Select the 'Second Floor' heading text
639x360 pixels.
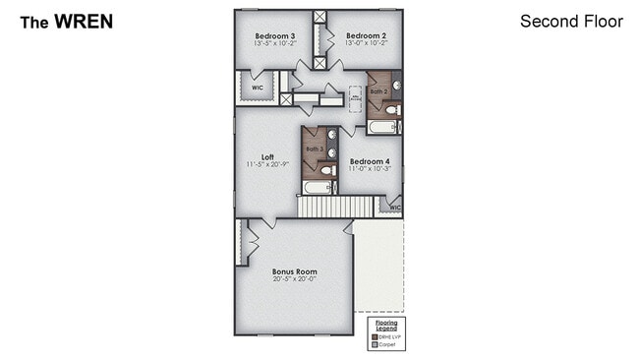coord(571,21)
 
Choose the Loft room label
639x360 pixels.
coord(266,156)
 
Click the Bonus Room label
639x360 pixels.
coord(294,270)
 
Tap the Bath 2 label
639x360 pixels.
coord(378,91)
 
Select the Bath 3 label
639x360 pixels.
coord(314,149)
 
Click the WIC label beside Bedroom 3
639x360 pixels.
coord(257,87)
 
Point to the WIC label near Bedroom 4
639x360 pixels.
coord(393,208)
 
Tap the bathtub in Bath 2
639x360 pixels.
coord(383,127)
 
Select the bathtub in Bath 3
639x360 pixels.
coord(318,187)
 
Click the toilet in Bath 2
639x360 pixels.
coord(392,111)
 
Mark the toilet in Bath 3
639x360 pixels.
coord(329,170)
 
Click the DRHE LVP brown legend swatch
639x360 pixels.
coord(374,337)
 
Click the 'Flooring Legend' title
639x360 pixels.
coord(386,326)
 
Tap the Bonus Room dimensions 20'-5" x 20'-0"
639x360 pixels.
coord(294,279)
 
